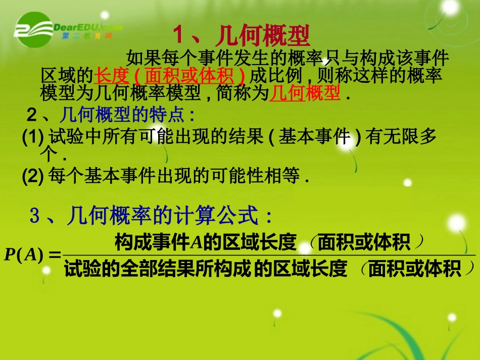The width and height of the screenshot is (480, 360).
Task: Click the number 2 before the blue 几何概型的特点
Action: (x=32, y=116)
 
